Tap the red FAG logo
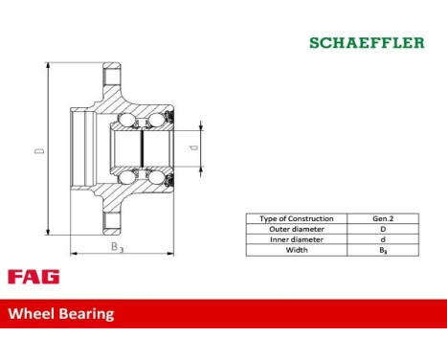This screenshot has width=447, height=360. point(33,277)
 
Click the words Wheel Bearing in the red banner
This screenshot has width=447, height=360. point(61,313)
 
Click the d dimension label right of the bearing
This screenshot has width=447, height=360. point(194,147)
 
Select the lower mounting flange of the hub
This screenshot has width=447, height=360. point(111,223)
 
